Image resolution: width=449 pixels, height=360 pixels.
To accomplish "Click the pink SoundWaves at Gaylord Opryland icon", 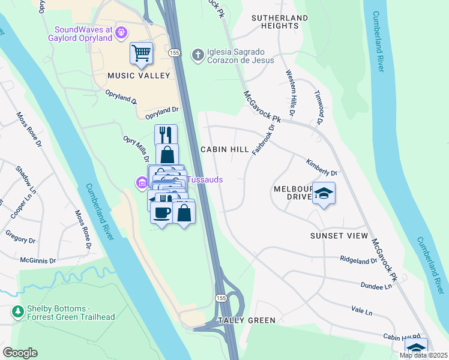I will pos(122,32).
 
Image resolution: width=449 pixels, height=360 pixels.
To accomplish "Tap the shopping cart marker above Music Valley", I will pos(141,54).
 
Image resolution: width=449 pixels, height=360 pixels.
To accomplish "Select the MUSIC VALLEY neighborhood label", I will pos(136,76).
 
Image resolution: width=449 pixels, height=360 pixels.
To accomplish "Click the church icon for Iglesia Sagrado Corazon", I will pos(197,55).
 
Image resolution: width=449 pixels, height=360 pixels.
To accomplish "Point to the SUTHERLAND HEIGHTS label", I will pos(276,22).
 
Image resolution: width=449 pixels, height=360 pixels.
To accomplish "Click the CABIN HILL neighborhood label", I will pos(224,149).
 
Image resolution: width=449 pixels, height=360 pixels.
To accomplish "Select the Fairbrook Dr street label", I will pos(262,139).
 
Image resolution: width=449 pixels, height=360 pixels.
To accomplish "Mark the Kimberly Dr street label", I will pos(322,167).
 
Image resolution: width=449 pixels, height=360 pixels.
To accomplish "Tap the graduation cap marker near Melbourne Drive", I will pos(324,194).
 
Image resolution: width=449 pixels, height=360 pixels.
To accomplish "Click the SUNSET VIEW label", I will pos(339,236).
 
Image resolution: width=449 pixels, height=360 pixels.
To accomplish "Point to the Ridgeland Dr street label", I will pos(358,260).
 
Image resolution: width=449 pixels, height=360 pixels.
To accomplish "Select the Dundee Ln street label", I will pos(376,286).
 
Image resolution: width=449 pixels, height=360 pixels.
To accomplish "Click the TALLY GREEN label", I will pos(247,320).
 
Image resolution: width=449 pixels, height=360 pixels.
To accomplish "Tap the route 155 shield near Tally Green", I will pos(221,298).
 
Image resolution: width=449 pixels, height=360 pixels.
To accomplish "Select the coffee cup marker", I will pos(161,212).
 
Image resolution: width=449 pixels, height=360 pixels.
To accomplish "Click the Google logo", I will pos(20,353).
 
